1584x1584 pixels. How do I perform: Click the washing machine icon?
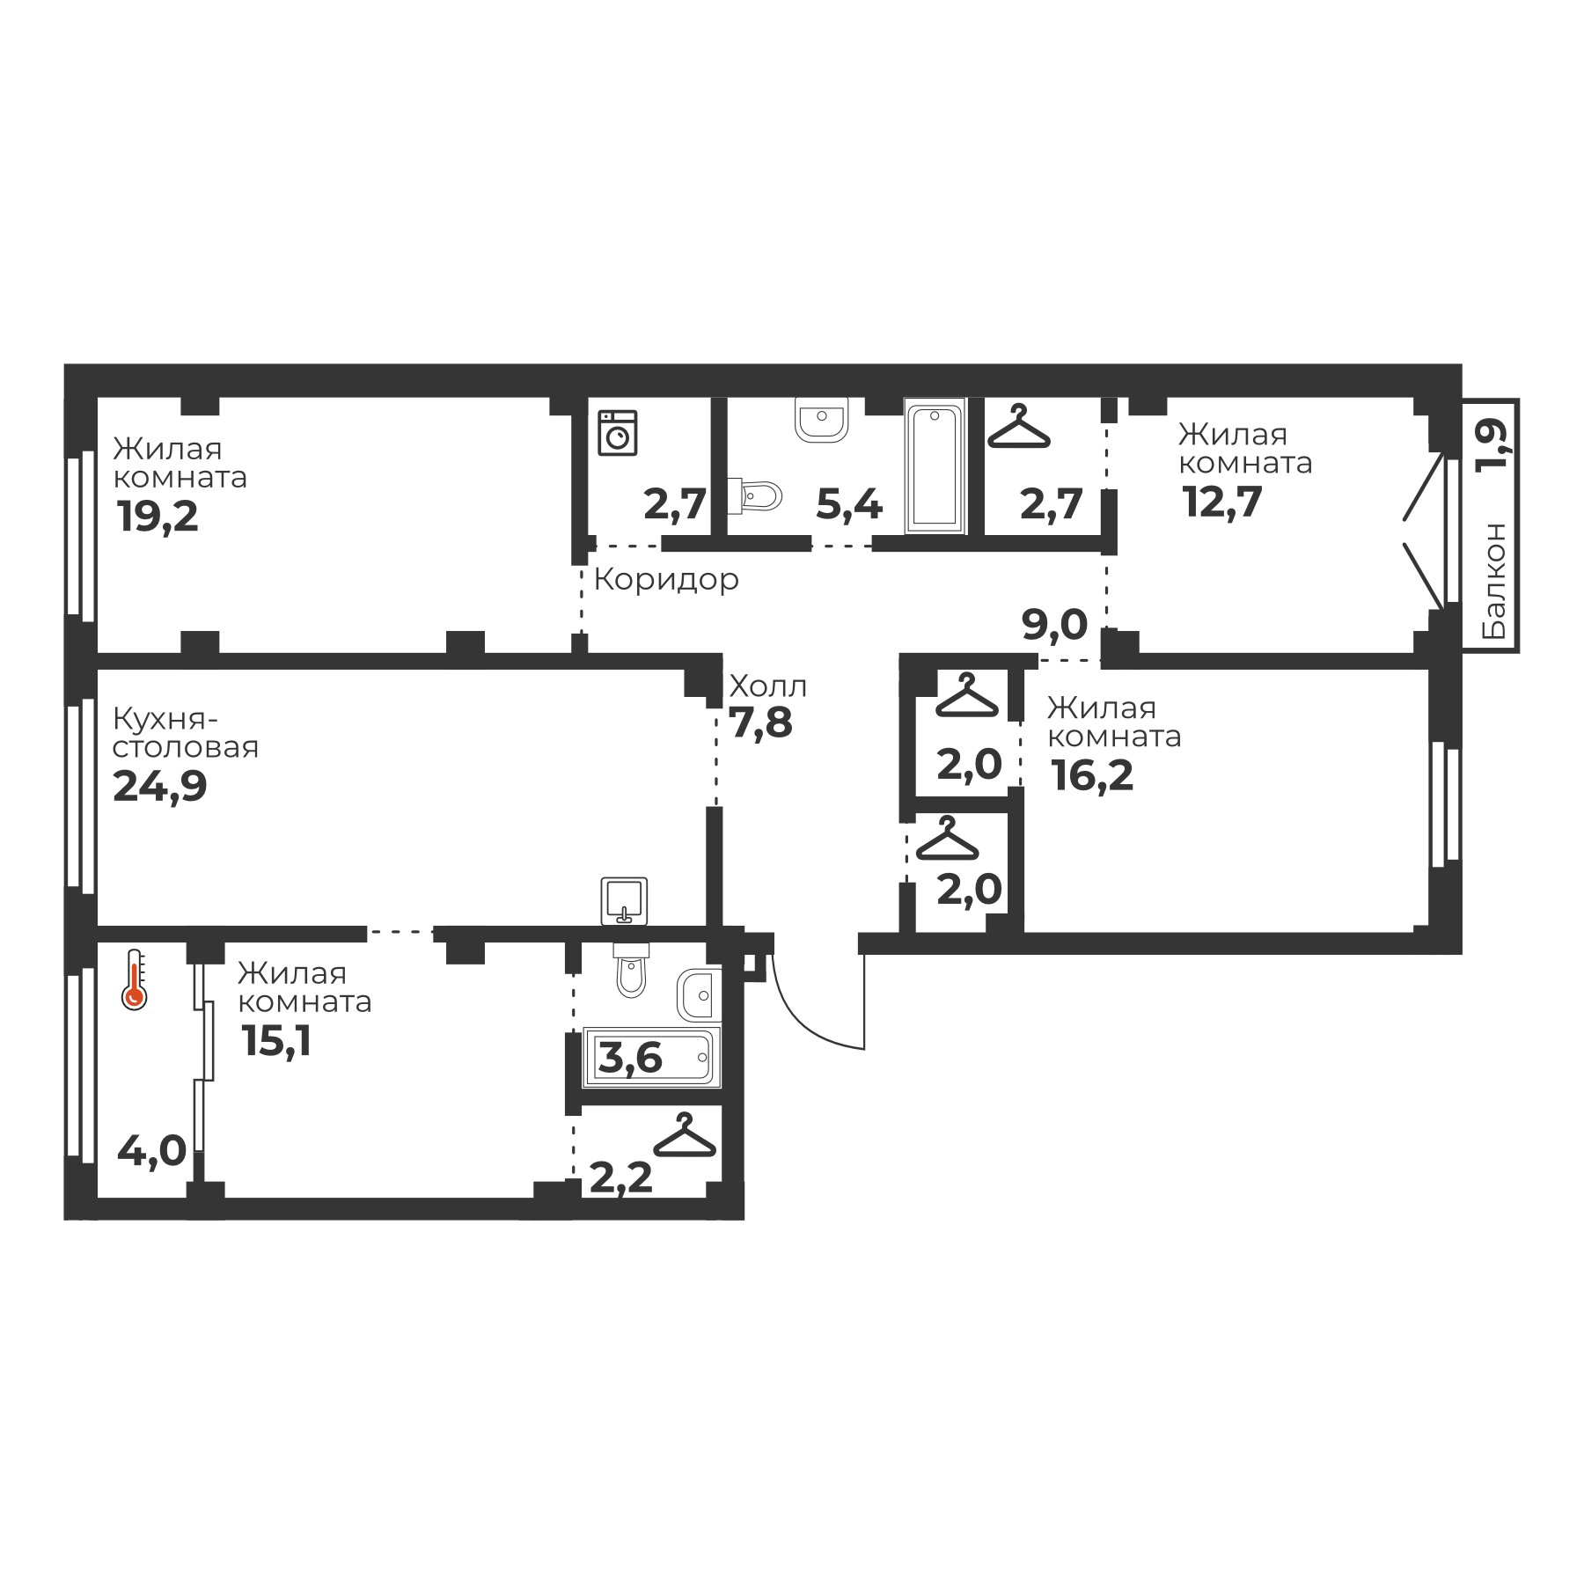click(617, 432)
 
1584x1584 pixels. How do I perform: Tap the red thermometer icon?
click(134, 979)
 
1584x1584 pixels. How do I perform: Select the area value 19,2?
click(158, 517)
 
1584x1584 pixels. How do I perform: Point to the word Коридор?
click(666, 580)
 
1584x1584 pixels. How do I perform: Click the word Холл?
click(767, 686)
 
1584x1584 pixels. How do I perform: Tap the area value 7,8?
click(761, 723)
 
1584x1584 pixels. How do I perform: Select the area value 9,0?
click(1054, 625)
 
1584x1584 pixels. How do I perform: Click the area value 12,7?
click(1222, 502)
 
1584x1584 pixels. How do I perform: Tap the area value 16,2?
click(1092, 776)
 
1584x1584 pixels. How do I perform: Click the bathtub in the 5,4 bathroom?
click(935, 466)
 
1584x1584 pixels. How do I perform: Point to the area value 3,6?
click(630, 1057)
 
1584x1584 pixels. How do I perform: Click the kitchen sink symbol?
click(624, 900)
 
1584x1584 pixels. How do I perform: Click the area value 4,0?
click(152, 1150)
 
